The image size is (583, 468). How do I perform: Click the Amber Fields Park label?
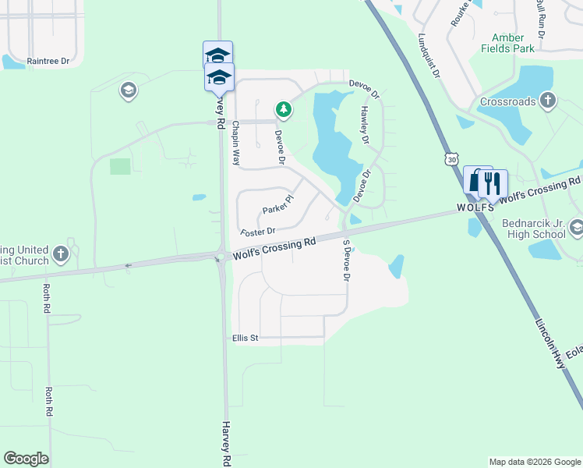click(513, 43)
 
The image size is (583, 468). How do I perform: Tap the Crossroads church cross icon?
click(548, 101)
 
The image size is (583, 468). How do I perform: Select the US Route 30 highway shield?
click(451, 159)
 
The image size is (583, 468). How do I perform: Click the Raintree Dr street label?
click(48, 61)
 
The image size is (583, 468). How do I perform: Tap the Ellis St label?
click(245, 338)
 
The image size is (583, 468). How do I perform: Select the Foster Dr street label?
click(258, 232)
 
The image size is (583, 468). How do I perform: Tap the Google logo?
click(26, 459)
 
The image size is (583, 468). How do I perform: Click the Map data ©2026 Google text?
click(534, 462)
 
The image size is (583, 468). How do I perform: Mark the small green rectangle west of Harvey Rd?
click(120, 166)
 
